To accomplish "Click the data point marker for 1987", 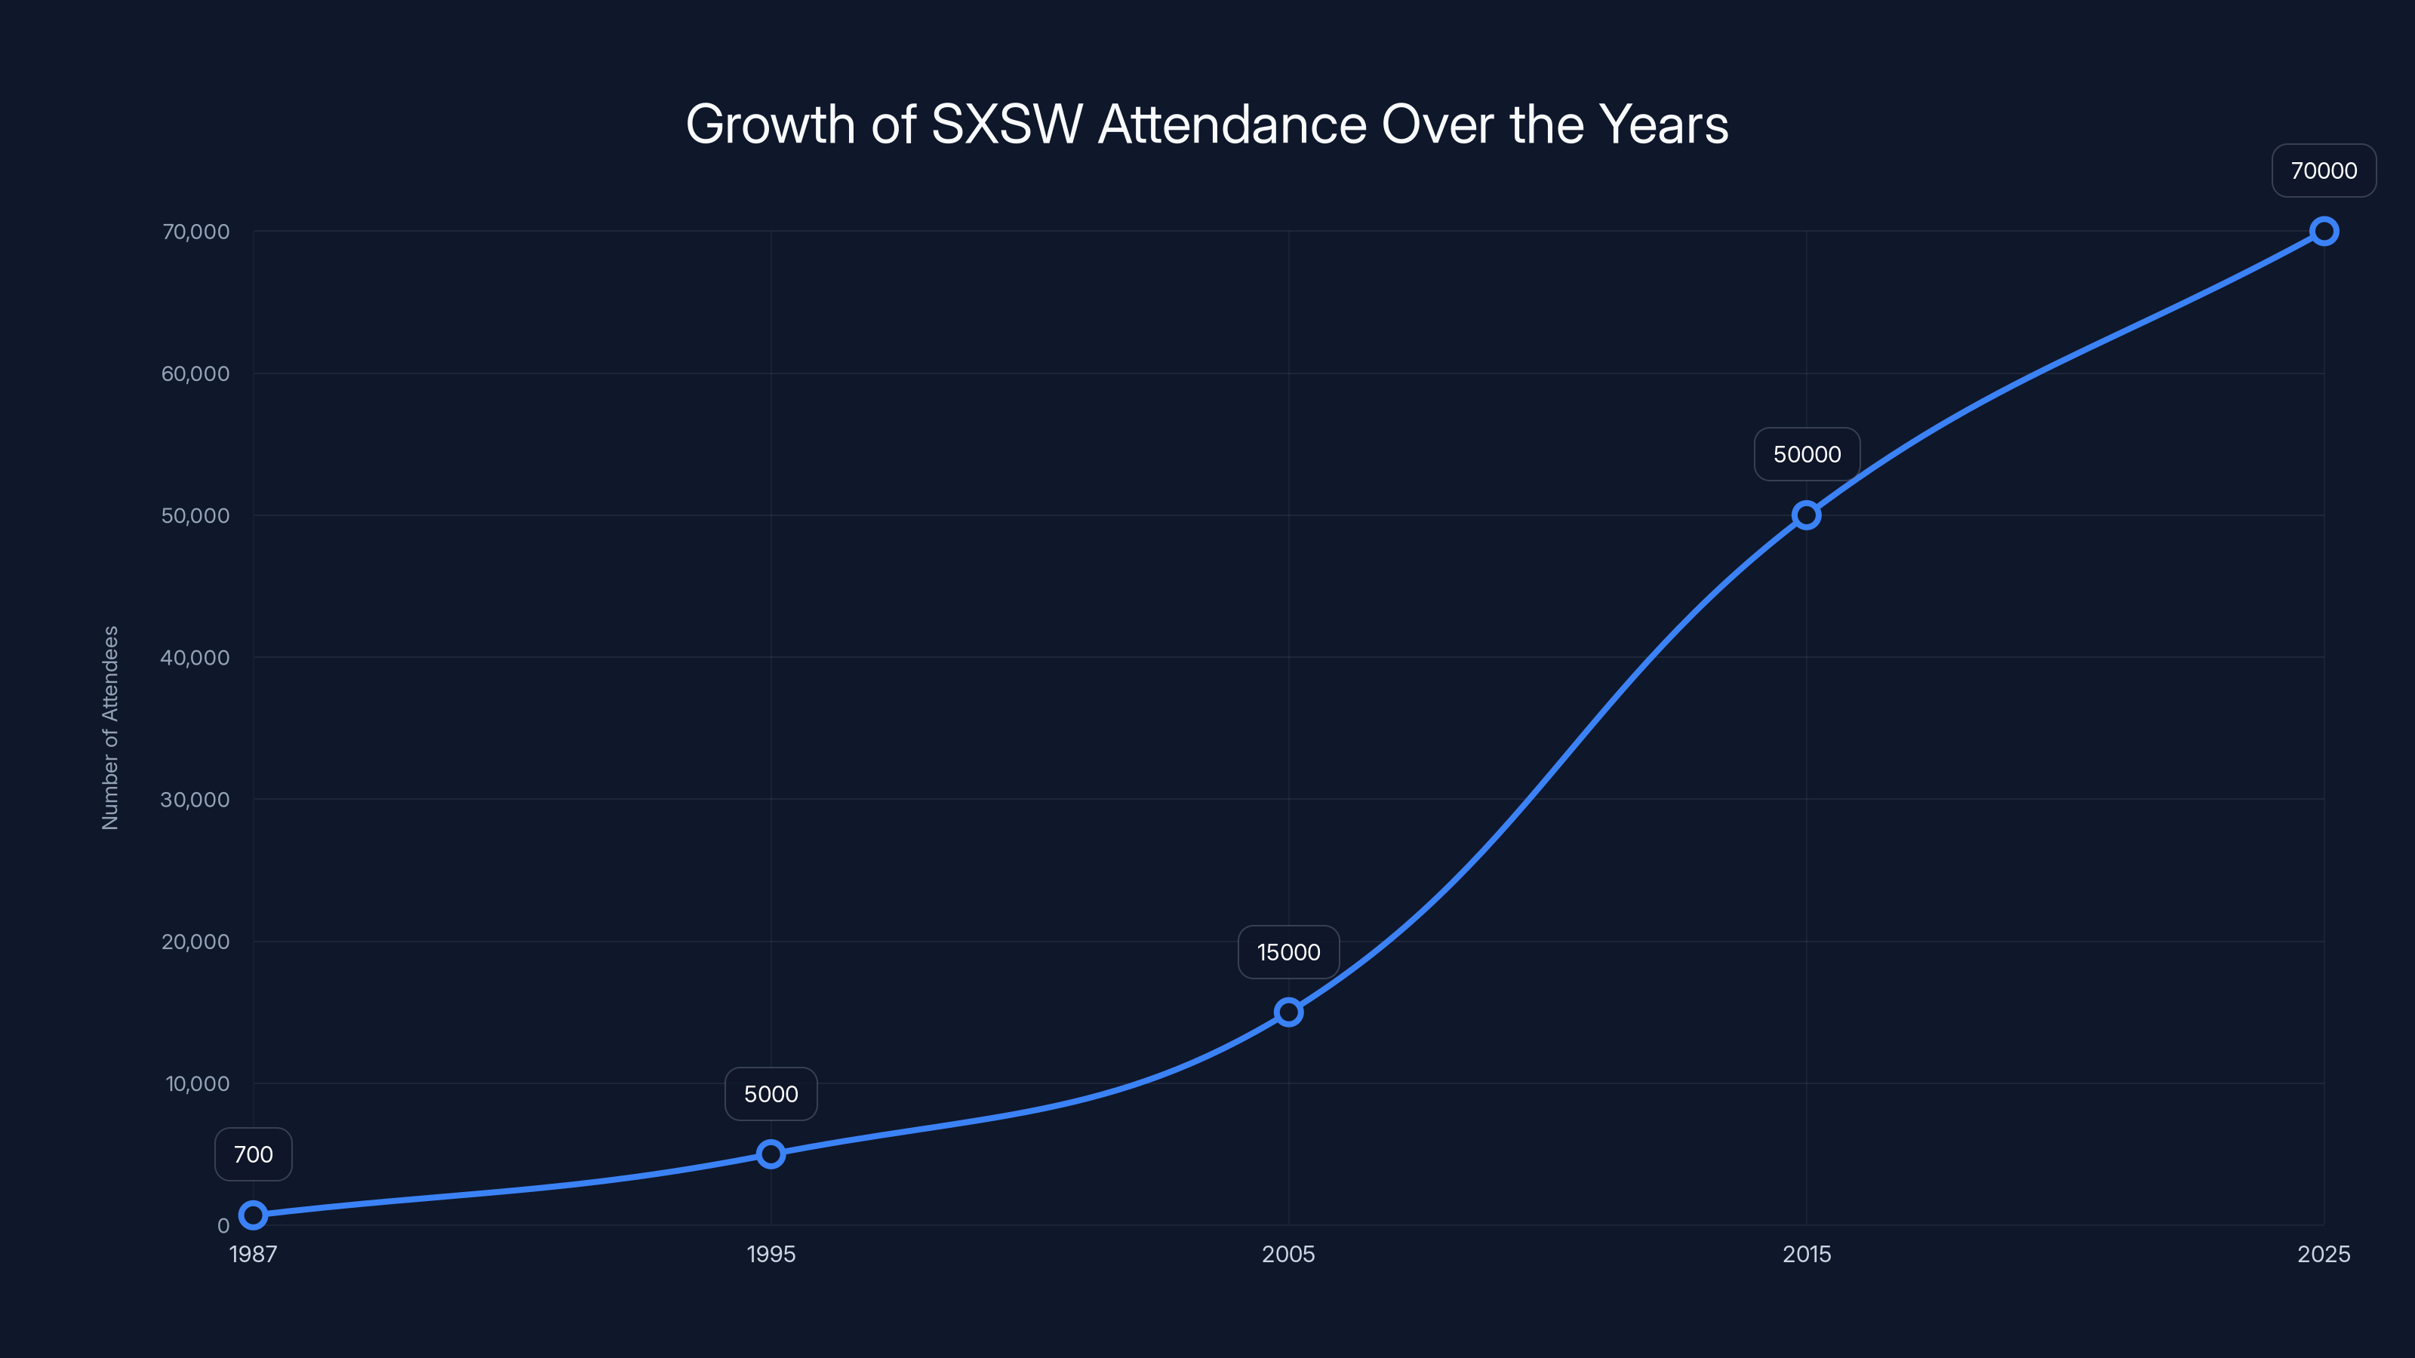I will pyautogui.click(x=253, y=1215).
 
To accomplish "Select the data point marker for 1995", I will pyautogui.click(x=771, y=1154).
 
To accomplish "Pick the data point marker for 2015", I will pyautogui.click(x=1806, y=515).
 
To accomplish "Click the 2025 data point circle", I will pyautogui.click(x=2323, y=232).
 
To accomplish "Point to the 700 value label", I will pyautogui.click(x=253, y=1154).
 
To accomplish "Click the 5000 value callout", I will pyautogui.click(x=771, y=1094).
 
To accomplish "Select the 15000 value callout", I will pyautogui.click(x=1288, y=952).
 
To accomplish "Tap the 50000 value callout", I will pyautogui.click(x=1807, y=454).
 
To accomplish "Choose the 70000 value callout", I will pyautogui.click(x=2323, y=171).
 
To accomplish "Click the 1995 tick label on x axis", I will pyautogui.click(x=771, y=1254).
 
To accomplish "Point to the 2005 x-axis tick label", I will pyautogui.click(x=1288, y=1254).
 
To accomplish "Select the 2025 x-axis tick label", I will pyautogui.click(x=2323, y=1254).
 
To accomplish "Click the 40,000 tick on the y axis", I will pyautogui.click(x=195, y=658).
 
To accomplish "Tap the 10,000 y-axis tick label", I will pyautogui.click(x=197, y=1083).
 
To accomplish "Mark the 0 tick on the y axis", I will pyautogui.click(x=223, y=1226).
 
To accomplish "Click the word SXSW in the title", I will pyautogui.click(x=1006, y=124).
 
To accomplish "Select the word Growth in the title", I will pyautogui.click(x=771, y=124).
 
